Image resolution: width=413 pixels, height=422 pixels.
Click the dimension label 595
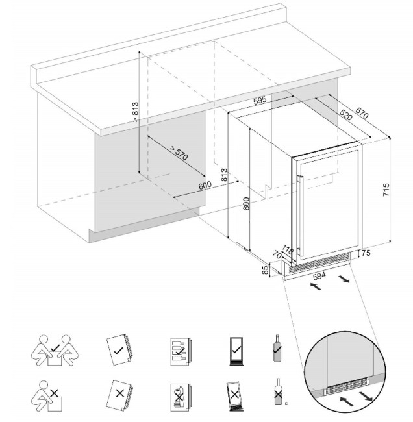pyautogui.click(x=260, y=101)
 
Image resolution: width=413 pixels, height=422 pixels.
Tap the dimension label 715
pyautogui.click(x=386, y=190)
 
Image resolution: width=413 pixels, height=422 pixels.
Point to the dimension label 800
pyautogui.click(x=245, y=203)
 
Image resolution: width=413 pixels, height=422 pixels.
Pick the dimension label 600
pyautogui.click(x=205, y=186)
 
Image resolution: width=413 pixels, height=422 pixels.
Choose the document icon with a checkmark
pyautogui.click(x=119, y=350)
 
